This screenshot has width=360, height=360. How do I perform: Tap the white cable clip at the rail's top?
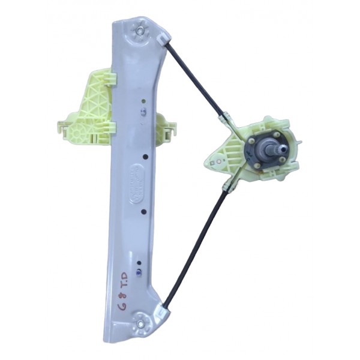[x=163, y=40]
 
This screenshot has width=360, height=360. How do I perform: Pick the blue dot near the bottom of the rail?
[x=139, y=271]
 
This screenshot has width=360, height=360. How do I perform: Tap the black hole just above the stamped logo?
[x=146, y=157]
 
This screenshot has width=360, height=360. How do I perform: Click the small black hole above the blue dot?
[x=139, y=263]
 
